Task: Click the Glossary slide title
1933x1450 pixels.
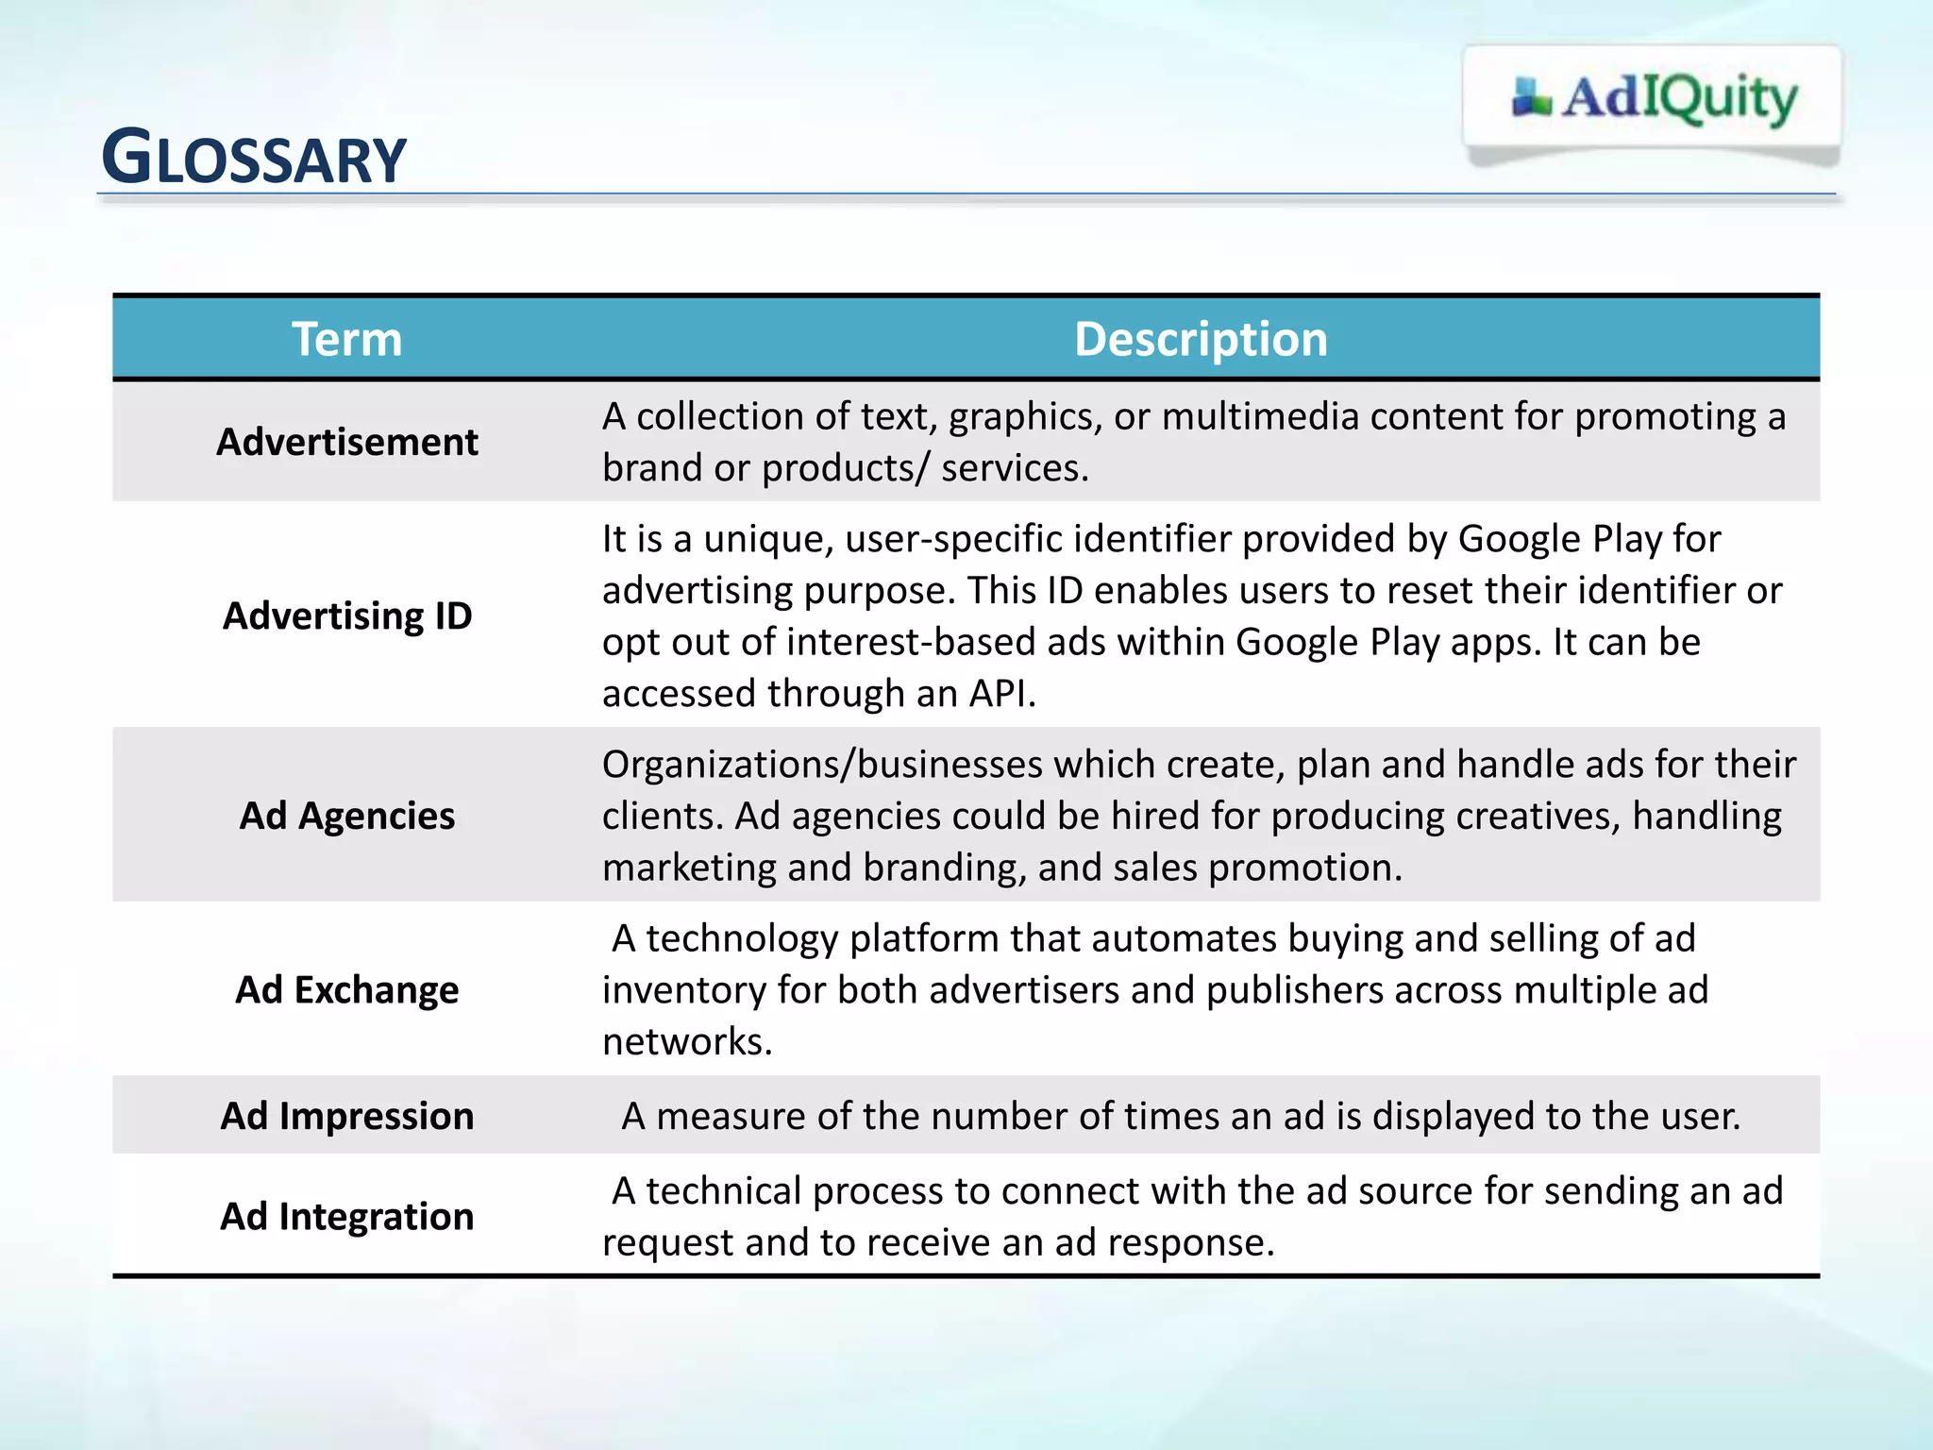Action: [253, 158]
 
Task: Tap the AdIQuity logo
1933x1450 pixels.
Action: [1655, 98]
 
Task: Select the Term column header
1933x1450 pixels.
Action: [346, 339]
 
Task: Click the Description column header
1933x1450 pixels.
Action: [1200, 339]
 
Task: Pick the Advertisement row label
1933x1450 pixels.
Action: [346, 442]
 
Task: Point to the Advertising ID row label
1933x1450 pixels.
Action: [346, 615]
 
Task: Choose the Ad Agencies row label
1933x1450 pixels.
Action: [346, 816]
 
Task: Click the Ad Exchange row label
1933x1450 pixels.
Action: [346, 989]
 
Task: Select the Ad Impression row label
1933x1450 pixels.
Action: [346, 1116]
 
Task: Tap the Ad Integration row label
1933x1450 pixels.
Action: [346, 1216]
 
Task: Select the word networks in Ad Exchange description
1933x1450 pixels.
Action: [686, 1042]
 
